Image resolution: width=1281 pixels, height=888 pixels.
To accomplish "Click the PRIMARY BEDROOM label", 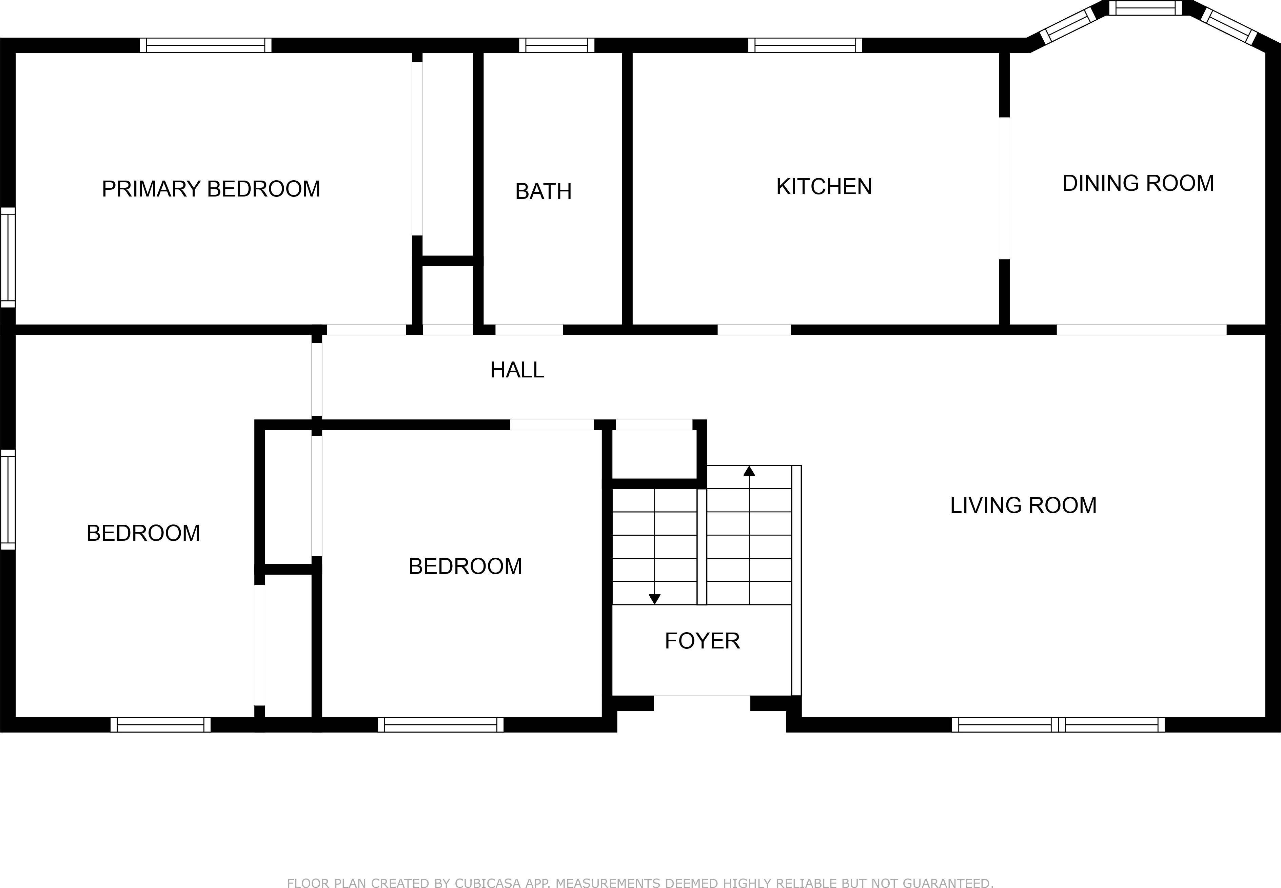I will coord(211,189).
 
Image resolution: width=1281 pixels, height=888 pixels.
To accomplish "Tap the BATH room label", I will coord(543,191).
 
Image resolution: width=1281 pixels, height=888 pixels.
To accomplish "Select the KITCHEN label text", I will coord(824,186).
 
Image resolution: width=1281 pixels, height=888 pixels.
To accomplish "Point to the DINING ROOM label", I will coord(1138,183).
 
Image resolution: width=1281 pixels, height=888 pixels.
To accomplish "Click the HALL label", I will coord(517,370).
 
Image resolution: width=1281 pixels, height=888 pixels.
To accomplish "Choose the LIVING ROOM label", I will coord(1023,505).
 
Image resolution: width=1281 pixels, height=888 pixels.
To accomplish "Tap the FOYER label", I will coord(702,641).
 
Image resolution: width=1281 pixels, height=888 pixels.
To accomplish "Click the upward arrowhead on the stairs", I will coord(749,471).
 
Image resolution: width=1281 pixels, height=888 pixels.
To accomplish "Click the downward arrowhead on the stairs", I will coord(655,599).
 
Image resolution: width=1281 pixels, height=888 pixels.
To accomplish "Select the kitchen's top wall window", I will coord(805,45).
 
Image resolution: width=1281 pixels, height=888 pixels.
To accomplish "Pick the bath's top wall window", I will coord(557,45).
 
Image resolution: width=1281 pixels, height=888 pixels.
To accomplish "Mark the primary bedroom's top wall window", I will coord(205,45).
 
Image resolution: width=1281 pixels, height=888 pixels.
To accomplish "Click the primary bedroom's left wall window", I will coord(8,257).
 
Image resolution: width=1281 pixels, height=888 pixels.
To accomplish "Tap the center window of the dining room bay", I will coord(1145,8).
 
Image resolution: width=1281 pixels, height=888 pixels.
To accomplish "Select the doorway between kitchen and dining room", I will coord(1004,188).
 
